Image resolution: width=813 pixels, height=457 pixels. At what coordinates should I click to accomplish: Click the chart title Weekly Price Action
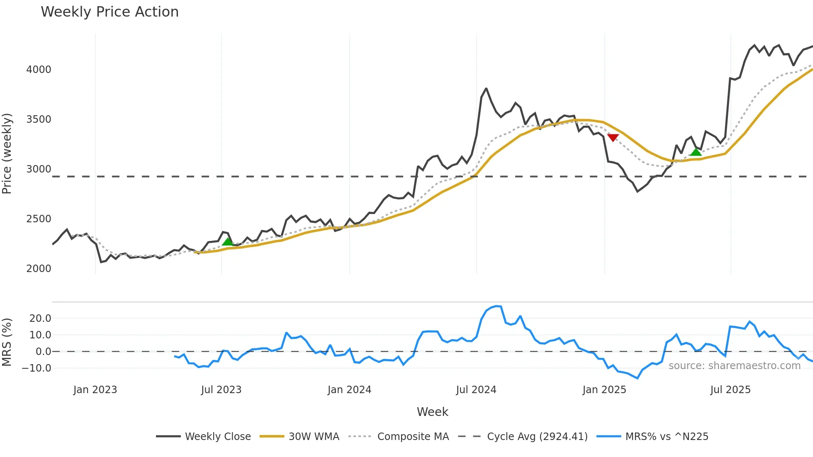(x=110, y=12)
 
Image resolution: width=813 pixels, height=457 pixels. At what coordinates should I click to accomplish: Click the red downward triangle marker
(x=613, y=138)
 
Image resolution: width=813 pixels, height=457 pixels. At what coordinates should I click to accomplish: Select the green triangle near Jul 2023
(x=227, y=242)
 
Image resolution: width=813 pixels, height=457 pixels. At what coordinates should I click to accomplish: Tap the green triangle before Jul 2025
(x=696, y=152)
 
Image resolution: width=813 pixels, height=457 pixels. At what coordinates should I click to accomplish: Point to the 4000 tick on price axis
(x=39, y=70)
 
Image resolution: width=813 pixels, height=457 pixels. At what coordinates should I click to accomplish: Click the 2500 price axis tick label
(x=39, y=219)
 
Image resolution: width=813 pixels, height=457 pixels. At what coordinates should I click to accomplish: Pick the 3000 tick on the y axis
(x=39, y=169)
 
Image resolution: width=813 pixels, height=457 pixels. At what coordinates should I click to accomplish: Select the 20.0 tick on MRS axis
(x=40, y=318)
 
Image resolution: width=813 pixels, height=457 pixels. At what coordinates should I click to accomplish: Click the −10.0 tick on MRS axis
(x=37, y=368)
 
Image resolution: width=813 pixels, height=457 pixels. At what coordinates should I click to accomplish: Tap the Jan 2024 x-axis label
(x=349, y=390)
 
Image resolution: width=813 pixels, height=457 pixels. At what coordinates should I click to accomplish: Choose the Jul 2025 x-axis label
(x=730, y=390)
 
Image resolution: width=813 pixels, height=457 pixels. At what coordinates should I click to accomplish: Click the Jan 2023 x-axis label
(x=95, y=390)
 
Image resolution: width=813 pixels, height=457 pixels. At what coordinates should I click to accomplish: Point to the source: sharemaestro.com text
(x=734, y=366)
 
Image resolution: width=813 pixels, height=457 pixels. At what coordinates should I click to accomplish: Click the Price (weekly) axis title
(x=7, y=153)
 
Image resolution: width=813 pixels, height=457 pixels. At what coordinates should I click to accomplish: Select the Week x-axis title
(x=432, y=412)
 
